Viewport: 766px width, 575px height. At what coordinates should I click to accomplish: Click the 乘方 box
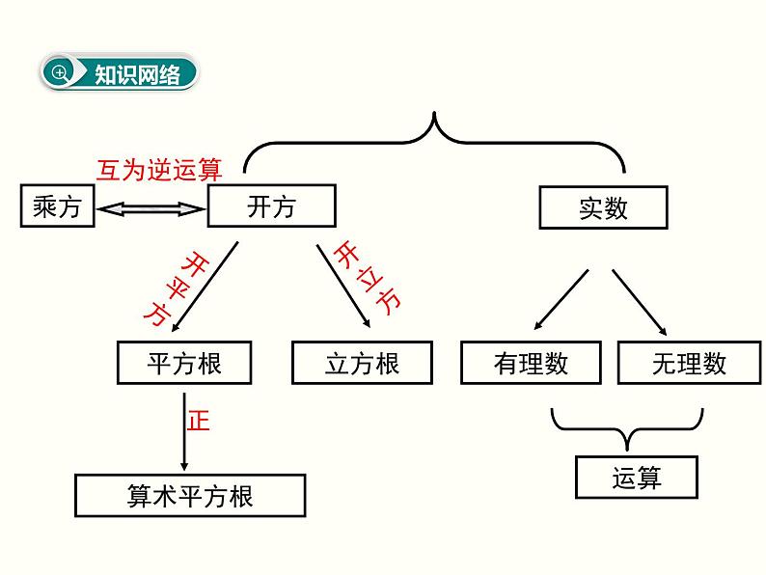point(57,206)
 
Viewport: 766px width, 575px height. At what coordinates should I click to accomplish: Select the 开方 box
point(271,206)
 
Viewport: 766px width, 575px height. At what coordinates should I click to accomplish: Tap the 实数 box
point(603,207)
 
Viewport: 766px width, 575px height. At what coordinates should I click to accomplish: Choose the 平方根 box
point(183,363)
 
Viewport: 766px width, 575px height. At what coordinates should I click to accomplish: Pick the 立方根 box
point(362,363)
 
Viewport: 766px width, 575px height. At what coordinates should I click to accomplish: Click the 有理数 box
point(531,363)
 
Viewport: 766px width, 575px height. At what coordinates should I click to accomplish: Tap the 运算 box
point(637,477)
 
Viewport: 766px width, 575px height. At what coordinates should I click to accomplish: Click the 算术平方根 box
point(190,496)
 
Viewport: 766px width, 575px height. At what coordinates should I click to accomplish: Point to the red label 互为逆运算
point(159,170)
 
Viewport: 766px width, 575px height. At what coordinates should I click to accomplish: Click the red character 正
point(198,421)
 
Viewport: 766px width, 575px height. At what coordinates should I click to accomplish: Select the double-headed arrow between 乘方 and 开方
point(151,207)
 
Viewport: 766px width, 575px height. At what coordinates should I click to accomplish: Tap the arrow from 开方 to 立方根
point(342,286)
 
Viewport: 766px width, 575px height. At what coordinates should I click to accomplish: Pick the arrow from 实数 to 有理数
point(561,298)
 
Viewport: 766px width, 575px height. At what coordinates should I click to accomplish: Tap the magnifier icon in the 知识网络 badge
point(60,73)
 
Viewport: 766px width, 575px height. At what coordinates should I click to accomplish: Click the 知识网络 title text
point(137,74)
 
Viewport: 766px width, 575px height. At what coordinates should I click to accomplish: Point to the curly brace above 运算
point(626,427)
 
